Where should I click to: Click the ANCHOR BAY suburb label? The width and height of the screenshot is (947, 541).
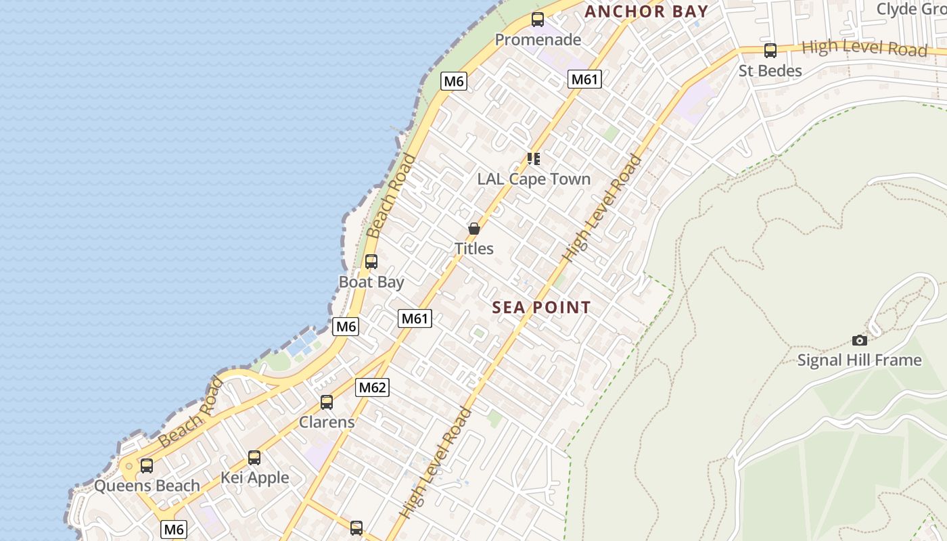646,11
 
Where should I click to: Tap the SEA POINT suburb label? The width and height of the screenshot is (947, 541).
541,308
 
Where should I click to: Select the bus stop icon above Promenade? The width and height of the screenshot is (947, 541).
538,20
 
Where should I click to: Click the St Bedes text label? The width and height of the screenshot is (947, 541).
770,71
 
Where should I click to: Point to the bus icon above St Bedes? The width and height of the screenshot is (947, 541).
770,51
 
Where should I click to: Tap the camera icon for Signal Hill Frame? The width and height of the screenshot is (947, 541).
859,340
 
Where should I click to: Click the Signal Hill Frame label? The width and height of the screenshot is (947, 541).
859,360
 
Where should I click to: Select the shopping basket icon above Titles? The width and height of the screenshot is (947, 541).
474,229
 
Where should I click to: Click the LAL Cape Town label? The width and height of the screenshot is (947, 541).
534,179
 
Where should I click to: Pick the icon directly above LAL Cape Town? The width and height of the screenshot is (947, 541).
534,159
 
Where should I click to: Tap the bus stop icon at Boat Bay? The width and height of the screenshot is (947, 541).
371,262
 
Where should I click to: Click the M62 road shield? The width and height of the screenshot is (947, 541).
372,387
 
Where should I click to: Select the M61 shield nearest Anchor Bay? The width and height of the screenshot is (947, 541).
584,80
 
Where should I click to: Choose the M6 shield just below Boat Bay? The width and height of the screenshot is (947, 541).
346,327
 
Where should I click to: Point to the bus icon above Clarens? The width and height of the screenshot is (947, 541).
327,402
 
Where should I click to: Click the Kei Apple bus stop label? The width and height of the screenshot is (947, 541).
254,478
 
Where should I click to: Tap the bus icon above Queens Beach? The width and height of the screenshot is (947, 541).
147,466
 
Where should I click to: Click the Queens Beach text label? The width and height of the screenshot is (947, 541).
147,486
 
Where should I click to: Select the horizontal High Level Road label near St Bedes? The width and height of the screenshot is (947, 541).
864,49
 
